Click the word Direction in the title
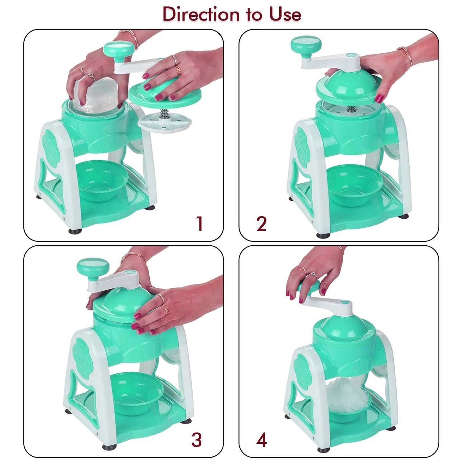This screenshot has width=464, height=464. coord(201,14)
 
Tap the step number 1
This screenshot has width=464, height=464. coord(199,223)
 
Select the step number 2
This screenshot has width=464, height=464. coord(261,224)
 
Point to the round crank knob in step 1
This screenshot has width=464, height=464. coord(117,48)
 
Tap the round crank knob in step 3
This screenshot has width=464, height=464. coord(93,267)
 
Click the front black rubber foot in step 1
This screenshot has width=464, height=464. coord(75,231)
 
